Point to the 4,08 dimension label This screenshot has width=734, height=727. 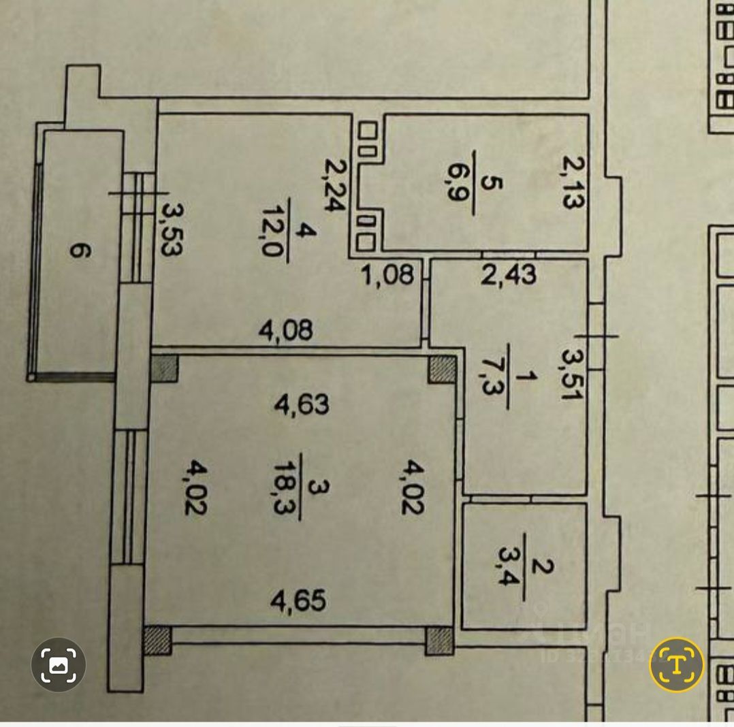(286, 331)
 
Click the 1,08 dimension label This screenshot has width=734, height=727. (387, 276)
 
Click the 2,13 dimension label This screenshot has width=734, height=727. (573, 182)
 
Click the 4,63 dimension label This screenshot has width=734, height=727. (301, 404)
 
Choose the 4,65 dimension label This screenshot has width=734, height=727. (299, 601)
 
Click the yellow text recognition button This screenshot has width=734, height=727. (675, 664)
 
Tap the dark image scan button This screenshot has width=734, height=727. (59, 664)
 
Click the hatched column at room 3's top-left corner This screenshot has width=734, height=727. (163, 368)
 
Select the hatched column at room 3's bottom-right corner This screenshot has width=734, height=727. (439, 641)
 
